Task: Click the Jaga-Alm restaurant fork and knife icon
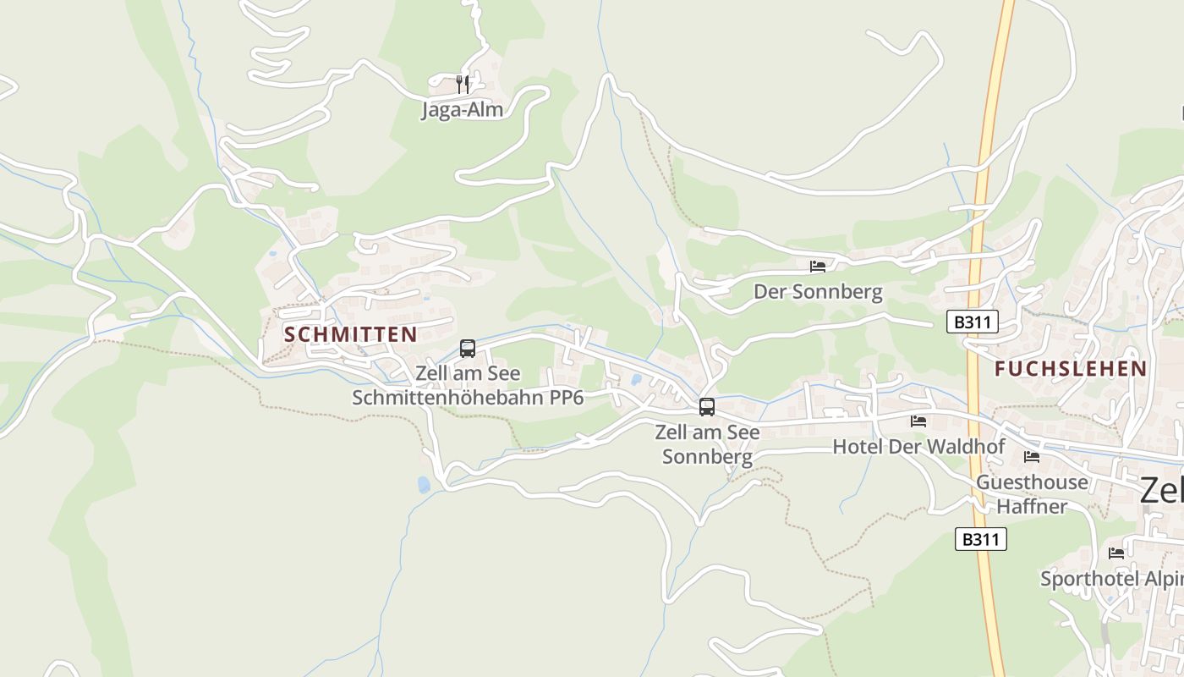pyautogui.click(x=462, y=84)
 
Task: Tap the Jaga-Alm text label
pyautogui.click(x=462, y=109)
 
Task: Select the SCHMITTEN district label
pyautogui.click(x=351, y=334)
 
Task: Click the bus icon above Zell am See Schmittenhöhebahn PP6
pyautogui.click(x=468, y=348)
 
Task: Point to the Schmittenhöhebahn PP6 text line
pyautogui.click(x=468, y=397)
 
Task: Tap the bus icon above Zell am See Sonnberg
pyautogui.click(x=707, y=407)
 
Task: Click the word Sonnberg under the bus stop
pyautogui.click(x=707, y=457)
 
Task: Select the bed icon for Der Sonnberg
pyautogui.click(x=817, y=266)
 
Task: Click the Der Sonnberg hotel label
pyautogui.click(x=818, y=292)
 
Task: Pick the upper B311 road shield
pyautogui.click(x=972, y=322)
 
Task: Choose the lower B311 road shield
pyautogui.click(x=980, y=539)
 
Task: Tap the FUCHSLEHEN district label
pyautogui.click(x=1071, y=369)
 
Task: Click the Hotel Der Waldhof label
pyautogui.click(x=918, y=446)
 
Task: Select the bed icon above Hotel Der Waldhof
pyautogui.click(x=918, y=421)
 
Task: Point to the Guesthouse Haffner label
pyautogui.click(x=1032, y=493)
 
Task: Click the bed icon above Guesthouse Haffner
pyautogui.click(x=1032, y=457)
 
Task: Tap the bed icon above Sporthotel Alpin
pyautogui.click(x=1116, y=553)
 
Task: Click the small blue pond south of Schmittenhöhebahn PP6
pyautogui.click(x=424, y=484)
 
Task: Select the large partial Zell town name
pyautogui.click(x=1162, y=489)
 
